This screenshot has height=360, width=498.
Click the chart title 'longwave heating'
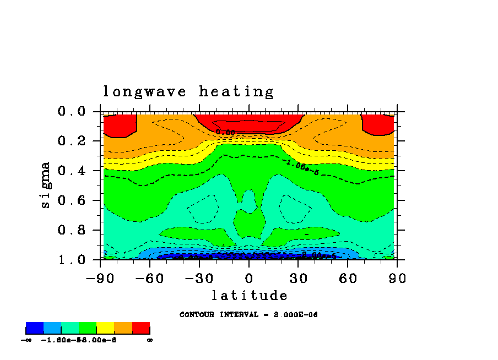188,92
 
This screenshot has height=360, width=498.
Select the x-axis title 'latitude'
249,296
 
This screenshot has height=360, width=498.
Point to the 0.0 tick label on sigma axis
72,112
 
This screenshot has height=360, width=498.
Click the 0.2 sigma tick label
72,141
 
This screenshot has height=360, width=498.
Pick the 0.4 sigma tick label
72,171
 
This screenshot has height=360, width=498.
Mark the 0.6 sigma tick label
72,201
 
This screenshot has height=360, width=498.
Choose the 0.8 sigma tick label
72,231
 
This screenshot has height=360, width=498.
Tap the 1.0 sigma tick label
72,260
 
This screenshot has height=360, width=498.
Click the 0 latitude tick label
249,278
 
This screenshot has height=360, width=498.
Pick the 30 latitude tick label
298,278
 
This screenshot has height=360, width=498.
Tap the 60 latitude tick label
348,278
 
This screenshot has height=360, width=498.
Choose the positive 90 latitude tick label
397,278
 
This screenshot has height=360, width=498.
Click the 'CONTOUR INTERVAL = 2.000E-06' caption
248,315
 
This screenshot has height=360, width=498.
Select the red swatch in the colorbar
141,329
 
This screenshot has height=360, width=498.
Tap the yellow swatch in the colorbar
105,329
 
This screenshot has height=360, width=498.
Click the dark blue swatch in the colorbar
35,329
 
